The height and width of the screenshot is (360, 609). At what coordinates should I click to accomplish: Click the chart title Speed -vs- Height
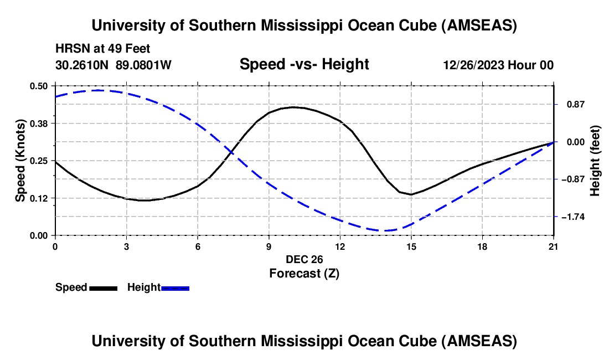point(304,64)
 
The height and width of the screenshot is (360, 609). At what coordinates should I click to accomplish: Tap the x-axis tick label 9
point(269,246)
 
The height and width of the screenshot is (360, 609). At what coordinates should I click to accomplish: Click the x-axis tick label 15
point(411,246)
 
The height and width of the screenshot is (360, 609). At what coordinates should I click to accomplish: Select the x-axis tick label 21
point(553,246)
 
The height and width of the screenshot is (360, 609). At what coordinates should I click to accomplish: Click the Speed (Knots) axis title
point(20,160)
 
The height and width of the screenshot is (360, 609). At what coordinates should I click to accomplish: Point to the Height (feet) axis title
point(595,161)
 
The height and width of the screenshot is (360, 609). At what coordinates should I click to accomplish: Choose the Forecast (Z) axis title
point(304,273)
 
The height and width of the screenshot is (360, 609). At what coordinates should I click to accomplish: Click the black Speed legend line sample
point(102,288)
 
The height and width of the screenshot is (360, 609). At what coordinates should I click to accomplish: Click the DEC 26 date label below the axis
point(304,259)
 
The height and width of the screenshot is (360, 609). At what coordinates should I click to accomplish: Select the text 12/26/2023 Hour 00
point(498,65)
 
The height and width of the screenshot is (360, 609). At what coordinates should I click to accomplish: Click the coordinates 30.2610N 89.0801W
point(113,65)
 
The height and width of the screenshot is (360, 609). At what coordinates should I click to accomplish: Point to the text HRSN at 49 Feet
point(103,49)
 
